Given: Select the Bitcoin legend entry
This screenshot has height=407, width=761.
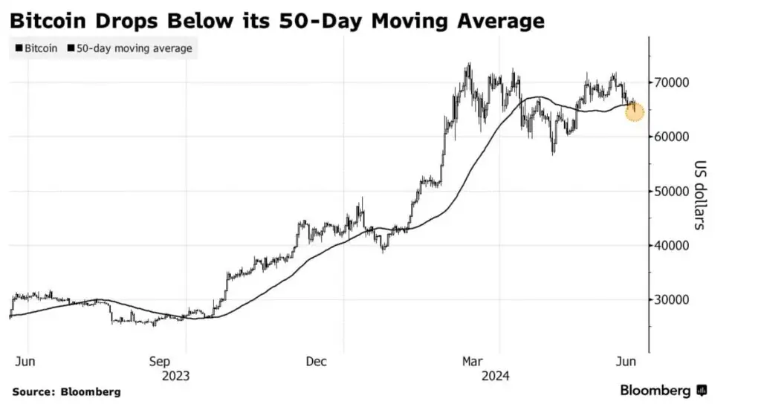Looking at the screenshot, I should (37, 48).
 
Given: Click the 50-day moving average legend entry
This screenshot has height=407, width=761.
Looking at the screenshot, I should (129, 48).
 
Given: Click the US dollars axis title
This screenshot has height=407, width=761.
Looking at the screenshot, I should (700, 195).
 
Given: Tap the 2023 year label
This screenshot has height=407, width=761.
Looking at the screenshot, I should (176, 375).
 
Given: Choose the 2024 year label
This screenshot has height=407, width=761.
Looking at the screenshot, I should (494, 375).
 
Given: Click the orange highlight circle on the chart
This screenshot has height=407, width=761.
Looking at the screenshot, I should (635, 113).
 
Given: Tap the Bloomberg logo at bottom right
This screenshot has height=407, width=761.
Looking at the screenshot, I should (663, 391).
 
